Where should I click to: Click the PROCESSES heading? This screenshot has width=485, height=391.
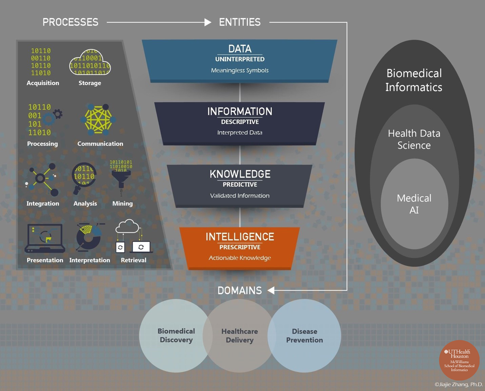[70, 22]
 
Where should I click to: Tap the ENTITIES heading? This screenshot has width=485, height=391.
[240, 22]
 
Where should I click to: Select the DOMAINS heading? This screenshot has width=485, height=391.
[240, 290]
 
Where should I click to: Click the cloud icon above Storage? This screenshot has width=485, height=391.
[90, 63]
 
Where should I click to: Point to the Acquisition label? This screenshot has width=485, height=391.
[43, 83]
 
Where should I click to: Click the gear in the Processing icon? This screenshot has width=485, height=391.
[58, 114]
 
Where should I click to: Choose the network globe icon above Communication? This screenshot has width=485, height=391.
[98, 119]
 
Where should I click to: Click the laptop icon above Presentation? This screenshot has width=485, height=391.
[45, 238]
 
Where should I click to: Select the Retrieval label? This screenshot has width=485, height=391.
[134, 260]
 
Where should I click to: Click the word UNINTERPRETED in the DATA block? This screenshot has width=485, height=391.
[240, 59]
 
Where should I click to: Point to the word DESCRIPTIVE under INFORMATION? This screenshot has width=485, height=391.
[240, 122]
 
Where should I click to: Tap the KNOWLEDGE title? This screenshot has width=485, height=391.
[240, 174]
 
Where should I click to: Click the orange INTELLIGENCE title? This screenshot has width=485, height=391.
[240, 237]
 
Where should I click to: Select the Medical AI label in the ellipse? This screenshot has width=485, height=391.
[414, 204]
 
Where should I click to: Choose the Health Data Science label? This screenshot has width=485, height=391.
[414, 139]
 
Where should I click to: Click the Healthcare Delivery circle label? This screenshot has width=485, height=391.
[240, 335]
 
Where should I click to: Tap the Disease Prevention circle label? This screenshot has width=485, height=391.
[304, 335]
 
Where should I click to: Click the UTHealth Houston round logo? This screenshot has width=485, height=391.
[459, 361]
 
